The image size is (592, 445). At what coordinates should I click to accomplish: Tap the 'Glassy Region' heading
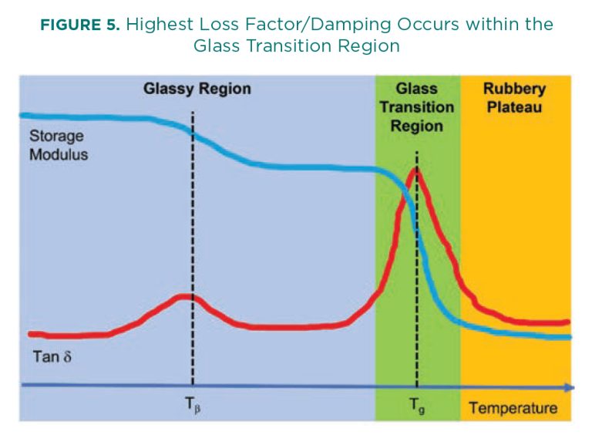pos(197,89)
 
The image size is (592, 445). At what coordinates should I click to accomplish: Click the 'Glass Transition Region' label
pos(416,107)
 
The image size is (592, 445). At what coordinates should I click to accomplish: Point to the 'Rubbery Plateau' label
pos(513,98)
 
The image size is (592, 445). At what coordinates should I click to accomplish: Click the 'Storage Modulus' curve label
pos(59,145)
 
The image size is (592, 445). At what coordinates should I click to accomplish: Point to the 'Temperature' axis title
pos(513,407)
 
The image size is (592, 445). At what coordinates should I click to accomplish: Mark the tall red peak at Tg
pos(416,170)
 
